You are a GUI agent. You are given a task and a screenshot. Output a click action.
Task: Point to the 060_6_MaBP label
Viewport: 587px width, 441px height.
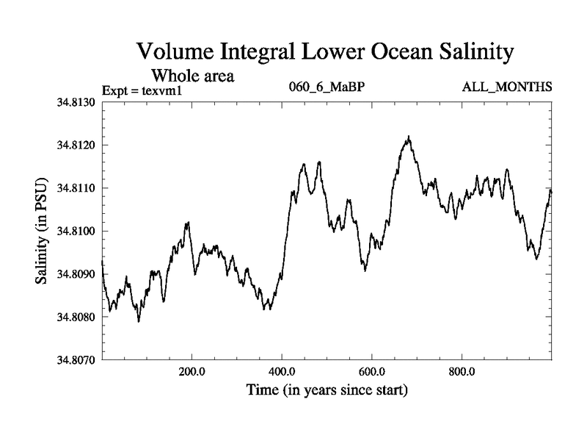point(328,87)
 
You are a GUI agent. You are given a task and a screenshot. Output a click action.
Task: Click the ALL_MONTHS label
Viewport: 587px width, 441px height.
point(507,87)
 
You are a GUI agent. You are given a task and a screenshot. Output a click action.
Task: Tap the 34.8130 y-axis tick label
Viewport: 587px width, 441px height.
point(76,101)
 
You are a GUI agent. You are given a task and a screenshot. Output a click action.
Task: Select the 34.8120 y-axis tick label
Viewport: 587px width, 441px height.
point(76,145)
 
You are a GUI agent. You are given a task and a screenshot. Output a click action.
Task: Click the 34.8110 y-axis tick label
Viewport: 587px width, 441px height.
point(76,188)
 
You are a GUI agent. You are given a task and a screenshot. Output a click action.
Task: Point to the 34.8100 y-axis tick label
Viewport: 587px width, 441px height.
point(76,232)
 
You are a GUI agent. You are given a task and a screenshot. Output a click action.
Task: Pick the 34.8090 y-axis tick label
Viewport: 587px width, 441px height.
point(76,274)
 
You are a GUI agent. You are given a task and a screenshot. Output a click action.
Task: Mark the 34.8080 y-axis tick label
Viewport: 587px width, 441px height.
point(76,318)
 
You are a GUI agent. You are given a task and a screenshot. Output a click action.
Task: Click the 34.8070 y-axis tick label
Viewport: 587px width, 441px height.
point(76,361)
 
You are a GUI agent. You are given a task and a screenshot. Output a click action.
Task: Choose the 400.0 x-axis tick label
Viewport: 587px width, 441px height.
point(282,372)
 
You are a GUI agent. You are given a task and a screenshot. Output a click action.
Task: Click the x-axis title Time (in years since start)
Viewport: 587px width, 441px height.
point(327,390)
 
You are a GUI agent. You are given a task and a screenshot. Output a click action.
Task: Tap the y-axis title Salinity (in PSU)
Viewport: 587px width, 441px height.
point(42,232)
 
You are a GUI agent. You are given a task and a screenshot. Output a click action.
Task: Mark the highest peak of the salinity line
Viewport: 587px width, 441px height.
point(409,137)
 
